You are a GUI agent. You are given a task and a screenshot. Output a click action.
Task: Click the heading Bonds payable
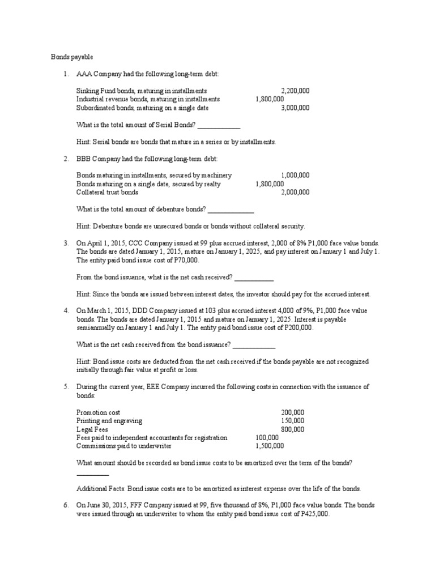pos(71,57)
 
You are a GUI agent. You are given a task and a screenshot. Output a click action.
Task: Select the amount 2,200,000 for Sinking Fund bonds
pos(295,91)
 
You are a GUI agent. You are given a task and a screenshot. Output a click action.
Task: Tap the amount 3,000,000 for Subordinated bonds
pos(295,107)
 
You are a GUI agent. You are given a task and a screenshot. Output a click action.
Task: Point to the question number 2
pos(66,159)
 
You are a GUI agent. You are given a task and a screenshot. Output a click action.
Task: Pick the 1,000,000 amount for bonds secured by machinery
pos(295,176)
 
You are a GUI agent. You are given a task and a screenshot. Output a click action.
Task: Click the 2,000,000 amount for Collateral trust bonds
pos(295,192)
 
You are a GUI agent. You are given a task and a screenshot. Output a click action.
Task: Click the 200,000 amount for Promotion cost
pos(292,413)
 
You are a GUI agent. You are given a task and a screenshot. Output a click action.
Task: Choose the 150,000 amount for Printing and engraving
pos(292,421)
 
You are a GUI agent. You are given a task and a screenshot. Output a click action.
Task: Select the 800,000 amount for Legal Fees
pos(292,429)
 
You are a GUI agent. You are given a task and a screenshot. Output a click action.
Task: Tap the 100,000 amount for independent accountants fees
pos(267,438)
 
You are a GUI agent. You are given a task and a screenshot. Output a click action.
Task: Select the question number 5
pos(66,387)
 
